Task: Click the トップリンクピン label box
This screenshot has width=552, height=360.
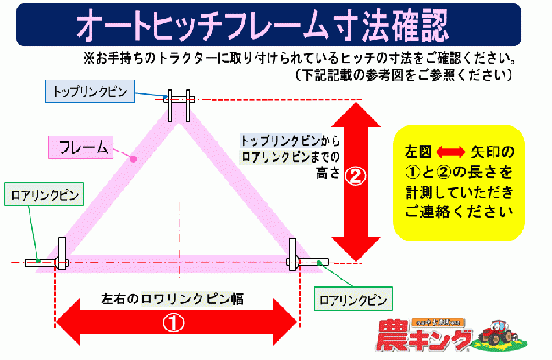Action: click(x=86, y=90)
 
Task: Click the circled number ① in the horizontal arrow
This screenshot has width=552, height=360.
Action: click(x=174, y=322)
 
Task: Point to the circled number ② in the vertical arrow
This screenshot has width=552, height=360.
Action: click(x=356, y=178)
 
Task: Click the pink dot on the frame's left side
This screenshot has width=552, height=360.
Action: click(x=132, y=158)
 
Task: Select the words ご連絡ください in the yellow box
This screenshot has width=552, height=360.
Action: click(x=459, y=211)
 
